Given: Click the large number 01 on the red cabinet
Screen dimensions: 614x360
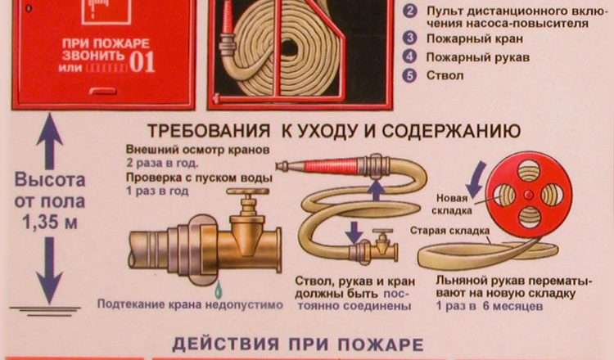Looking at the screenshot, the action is pyautogui.click(x=142, y=61).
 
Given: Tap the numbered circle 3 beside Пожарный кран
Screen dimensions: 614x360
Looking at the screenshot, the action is pyautogui.click(x=409, y=38).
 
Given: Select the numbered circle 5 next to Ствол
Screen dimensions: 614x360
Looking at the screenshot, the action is pyautogui.click(x=409, y=75).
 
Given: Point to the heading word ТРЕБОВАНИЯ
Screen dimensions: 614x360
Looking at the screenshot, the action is pyautogui.click(x=209, y=131).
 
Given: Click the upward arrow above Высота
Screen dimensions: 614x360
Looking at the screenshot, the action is pyautogui.click(x=49, y=141).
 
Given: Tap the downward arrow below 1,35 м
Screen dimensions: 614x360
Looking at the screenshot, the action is pyautogui.click(x=49, y=270).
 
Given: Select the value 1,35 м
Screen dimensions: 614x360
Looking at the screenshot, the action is pyautogui.click(x=50, y=223).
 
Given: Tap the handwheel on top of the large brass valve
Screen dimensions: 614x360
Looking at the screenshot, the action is pyautogui.click(x=248, y=191).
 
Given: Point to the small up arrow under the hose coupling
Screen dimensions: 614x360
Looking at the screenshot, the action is pyautogui.click(x=377, y=191).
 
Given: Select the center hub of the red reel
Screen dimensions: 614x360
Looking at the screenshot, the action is pyautogui.click(x=529, y=195).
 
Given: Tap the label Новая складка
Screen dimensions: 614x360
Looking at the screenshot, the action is pyautogui.click(x=451, y=205).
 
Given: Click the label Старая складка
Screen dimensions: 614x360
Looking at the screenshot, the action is pyautogui.click(x=449, y=231).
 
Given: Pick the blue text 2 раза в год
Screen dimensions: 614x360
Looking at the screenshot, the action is pyautogui.click(x=162, y=163).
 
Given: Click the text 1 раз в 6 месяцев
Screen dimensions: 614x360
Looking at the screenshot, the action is pyautogui.click(x=490, y=306).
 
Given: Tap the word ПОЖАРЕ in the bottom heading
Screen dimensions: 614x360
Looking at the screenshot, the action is pyautogui.click(x=381, y=344).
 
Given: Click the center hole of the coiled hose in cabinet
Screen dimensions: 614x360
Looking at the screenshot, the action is pyautogui.click(x=289, y=48).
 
